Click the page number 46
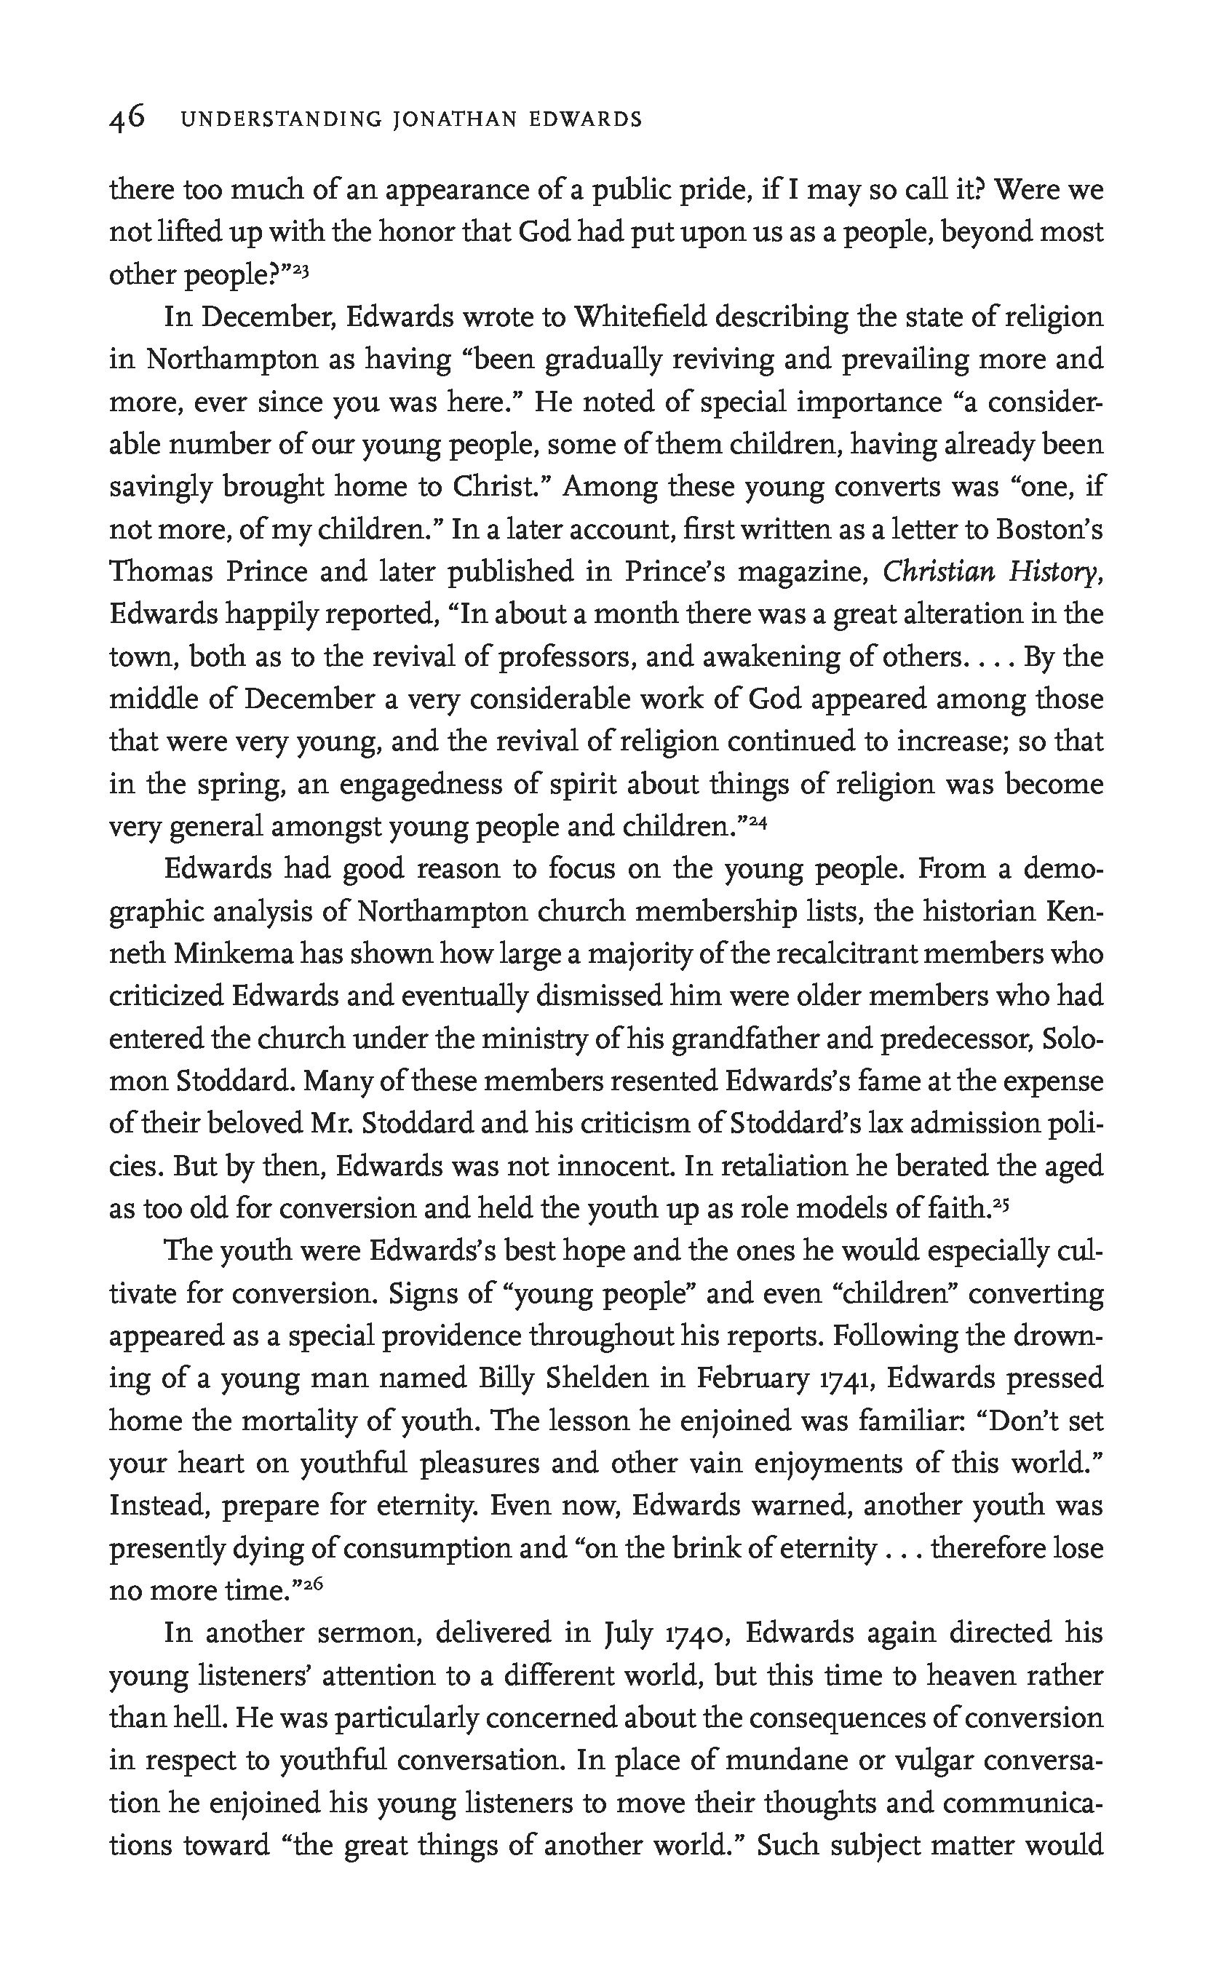pos(127,119)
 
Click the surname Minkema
pos(231,955)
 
